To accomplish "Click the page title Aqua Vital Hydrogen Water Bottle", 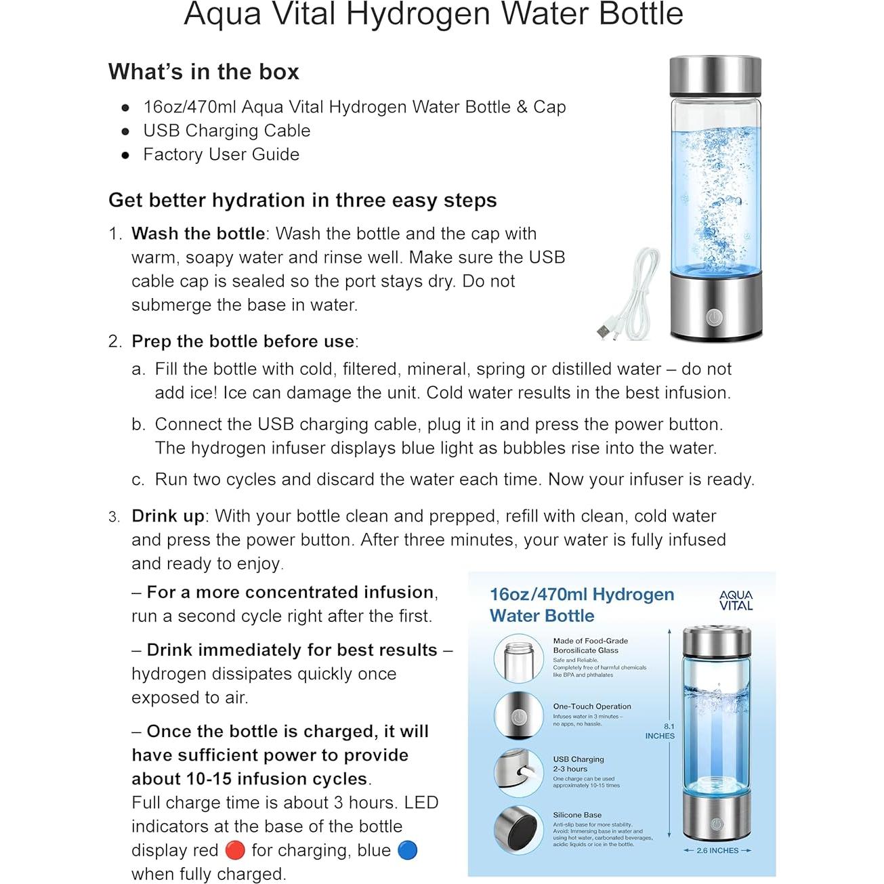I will pyautogui.click(x=434, y=15).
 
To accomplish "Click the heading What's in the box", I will pyautogui.click(x=203, y=72).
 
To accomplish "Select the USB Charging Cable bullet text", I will pyautogui.click(x=226, y=131).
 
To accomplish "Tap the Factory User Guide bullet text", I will pyautogui.click(x=221, y=154).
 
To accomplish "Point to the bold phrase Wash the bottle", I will pyautogui.click(x=198, y=234).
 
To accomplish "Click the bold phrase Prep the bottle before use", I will pyautogui.click(x=243, y=341).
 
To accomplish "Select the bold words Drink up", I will pyautogui.click(x=168, y=516).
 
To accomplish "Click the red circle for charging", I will pyautogui.click(x=234, y=850).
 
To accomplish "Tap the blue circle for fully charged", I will pyautogui.click(x=407, y=850).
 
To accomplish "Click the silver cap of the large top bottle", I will pyautogui.click(x=715, y=76).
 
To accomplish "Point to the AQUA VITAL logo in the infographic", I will pyautogui.click(x=736, y=600).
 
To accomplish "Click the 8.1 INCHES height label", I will pyautogui.click(x=660, y=731).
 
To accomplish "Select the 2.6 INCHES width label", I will pyautogui.click(x=717, y=850).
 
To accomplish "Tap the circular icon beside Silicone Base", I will pyautogui.click(x=518, y=829).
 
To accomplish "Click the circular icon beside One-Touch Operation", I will pyautogui.click(x=518, y=715).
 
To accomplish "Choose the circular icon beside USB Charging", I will pyautogui.click(x=518, y=772).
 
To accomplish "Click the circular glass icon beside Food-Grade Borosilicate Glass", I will pyautogui.click(x=518, y=658).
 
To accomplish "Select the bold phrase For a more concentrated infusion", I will pyautogui.click(x=290, y=593).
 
